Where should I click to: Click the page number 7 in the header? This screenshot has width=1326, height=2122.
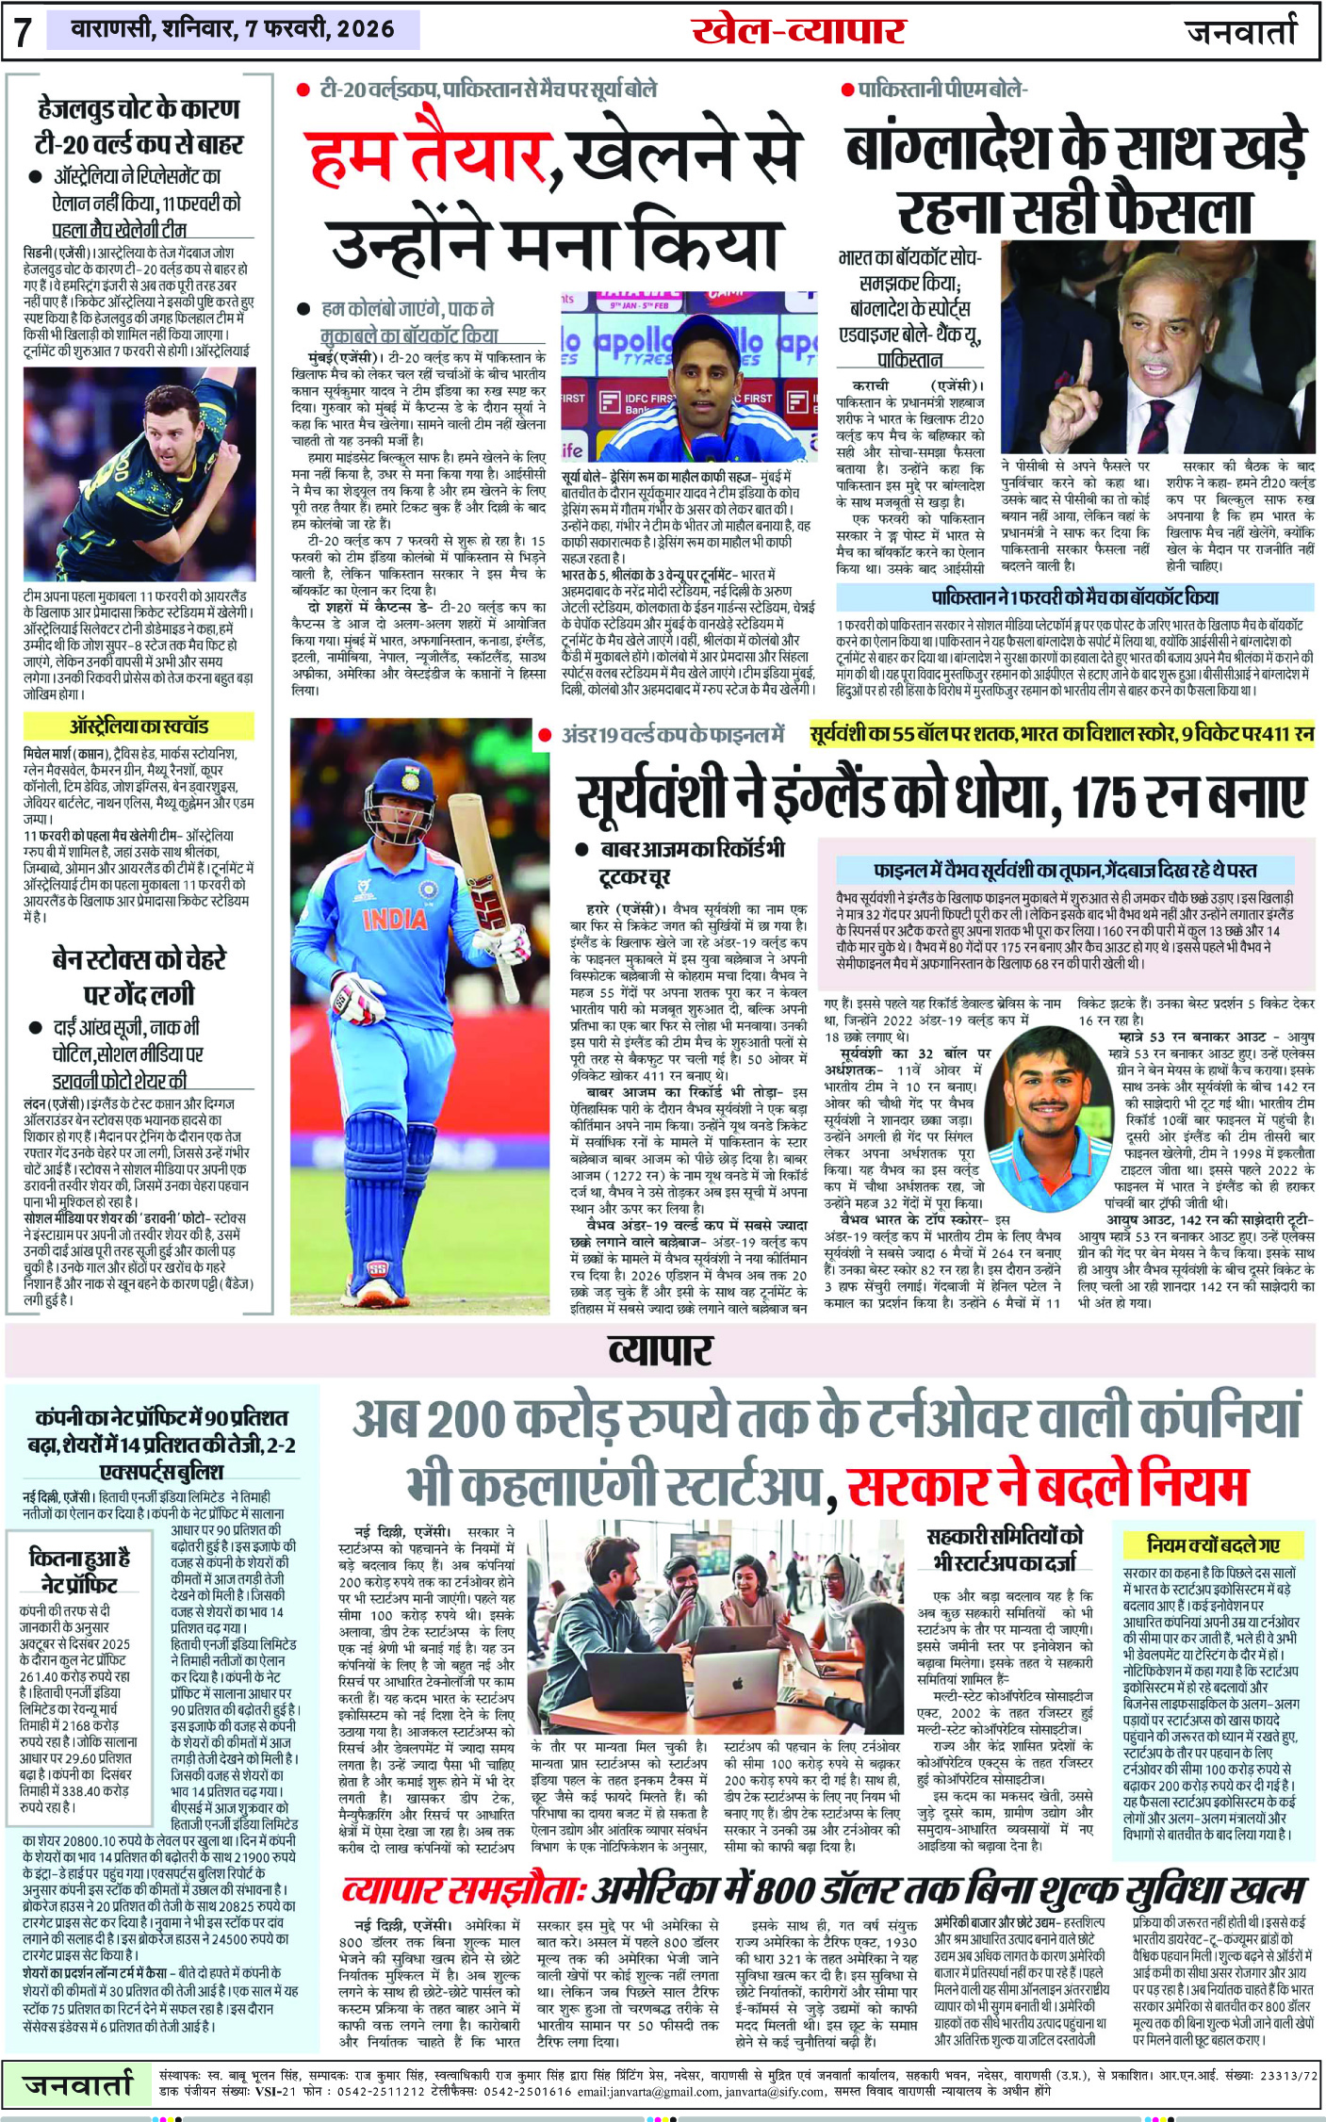tap(23, 31)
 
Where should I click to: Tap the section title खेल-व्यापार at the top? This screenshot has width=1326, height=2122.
tap(798, 31)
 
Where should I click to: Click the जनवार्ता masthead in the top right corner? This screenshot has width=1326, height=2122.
tap(1240, 31)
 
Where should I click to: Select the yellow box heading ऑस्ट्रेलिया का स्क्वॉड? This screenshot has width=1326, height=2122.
tap(139, 726)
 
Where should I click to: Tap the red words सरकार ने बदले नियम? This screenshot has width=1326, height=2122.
tap(1047, 1487)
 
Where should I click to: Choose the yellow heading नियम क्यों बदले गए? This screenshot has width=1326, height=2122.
tap(1213, 1544)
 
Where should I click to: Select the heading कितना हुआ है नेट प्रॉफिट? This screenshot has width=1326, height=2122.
tap(80, 1571)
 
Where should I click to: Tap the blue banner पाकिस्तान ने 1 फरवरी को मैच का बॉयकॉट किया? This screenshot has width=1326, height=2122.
tap(1074, 597)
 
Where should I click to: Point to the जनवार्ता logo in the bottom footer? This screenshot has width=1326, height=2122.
tap(78, 2083)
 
